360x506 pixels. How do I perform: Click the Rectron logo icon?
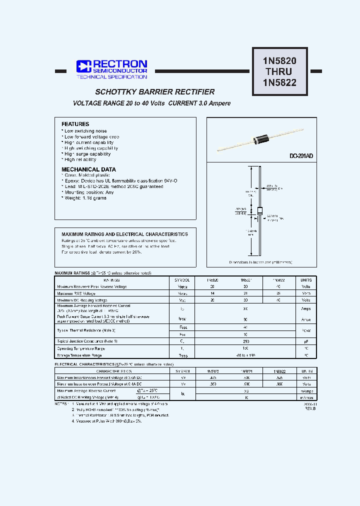point(83,66)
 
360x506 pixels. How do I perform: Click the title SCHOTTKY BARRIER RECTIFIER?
point(155,92)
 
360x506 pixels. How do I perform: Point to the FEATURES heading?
point(75,124)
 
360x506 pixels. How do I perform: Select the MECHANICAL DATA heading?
point(88,169)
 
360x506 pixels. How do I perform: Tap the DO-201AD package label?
point(301,156)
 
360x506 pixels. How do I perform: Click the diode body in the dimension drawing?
point(259,210)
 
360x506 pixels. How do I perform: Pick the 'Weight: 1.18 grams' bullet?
point(85,198)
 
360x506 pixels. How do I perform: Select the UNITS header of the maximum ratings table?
point(306,280)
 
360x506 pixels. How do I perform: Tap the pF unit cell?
point(306,340)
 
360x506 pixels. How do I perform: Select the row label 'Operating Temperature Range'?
point(81,348)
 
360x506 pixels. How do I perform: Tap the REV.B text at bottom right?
point(310,408)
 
